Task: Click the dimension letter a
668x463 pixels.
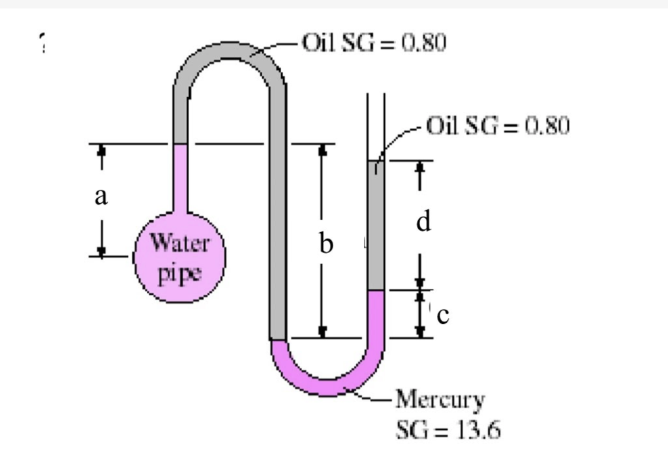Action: point(101,197)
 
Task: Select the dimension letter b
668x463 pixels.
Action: point(326,244)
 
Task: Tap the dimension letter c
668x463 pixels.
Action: point(443,316)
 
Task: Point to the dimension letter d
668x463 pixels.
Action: point(423,222)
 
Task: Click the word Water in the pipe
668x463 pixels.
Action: point(180,243)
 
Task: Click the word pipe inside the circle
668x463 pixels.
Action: point(179,273)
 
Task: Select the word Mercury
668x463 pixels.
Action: point(440,400)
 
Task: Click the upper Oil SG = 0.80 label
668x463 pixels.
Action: point(374,42)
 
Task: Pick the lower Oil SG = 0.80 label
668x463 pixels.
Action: point(498,126)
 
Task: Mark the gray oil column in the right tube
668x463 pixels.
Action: point(376,226)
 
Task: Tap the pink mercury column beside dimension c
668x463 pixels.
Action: point(376,314)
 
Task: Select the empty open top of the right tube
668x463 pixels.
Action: point(376,127)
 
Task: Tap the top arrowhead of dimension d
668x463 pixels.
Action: point(420,166)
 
